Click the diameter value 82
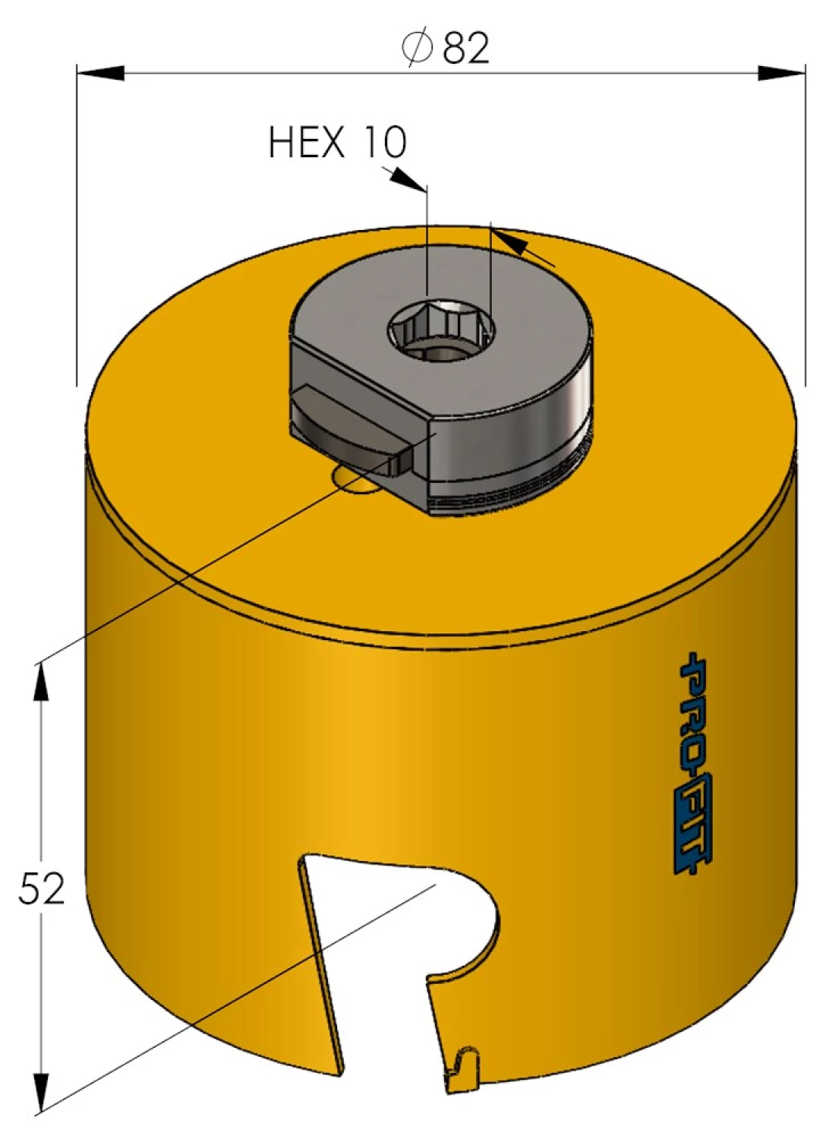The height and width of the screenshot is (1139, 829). point(466,47)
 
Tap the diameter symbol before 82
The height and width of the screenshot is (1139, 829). point(417,47)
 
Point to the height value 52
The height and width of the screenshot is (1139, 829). point(42,888)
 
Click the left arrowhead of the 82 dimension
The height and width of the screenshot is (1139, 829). point(100,73)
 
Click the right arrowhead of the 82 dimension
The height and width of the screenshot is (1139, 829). point(782,73)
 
